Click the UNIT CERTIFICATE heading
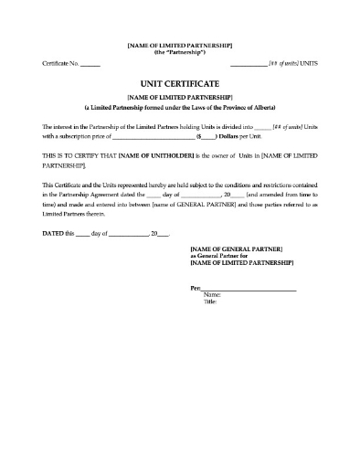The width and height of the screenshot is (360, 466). (x=179, y=81)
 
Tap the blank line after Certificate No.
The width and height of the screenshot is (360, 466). (x=90, y=63)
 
